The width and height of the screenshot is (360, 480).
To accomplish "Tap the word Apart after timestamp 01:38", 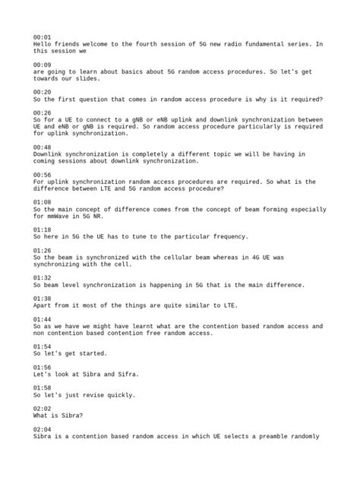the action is point(43,306).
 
